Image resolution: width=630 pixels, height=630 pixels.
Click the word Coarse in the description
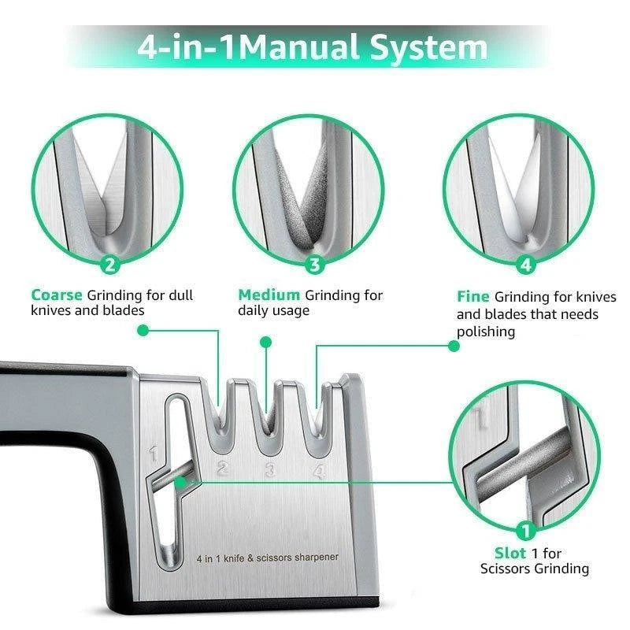(57, 295)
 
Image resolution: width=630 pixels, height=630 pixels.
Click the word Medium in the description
(269, 295)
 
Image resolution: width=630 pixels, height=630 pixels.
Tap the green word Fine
(472, 297)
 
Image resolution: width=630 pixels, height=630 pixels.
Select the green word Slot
(510, 553)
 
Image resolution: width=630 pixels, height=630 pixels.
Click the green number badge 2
(110, 265)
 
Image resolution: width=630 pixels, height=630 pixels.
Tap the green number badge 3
(315, 265)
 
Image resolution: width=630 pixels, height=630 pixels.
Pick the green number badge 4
(526, 265)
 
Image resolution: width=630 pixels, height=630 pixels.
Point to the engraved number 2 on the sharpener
(222, 470)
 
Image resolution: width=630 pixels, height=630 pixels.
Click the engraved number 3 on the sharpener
(270, 472)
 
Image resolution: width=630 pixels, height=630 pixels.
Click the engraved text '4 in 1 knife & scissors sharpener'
(267, 558)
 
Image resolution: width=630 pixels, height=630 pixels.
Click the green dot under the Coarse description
(143, 331)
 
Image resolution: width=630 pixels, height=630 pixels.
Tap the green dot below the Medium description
(266, 343)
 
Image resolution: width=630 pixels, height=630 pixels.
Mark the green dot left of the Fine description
(452, 346)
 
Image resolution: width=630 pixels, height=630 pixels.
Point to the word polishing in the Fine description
(486, 332)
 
